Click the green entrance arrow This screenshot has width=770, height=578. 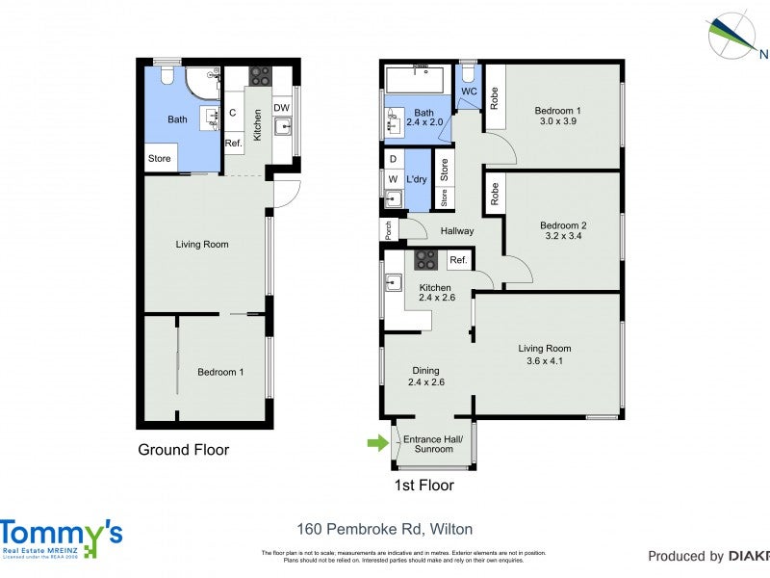point(375,443)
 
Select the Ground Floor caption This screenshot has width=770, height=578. point(183,450)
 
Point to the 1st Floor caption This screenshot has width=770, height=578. point(424,485)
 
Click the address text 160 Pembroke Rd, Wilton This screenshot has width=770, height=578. point(384,529)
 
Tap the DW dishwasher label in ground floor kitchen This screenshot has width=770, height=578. point(281,107)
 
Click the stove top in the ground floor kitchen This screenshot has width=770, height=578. point(260,75)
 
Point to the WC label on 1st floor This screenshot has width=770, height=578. point(469,92)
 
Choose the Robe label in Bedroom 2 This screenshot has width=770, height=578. point(494,194)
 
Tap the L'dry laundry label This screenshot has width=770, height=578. point(416,180)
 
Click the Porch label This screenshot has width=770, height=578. point(388,230)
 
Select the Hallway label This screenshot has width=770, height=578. point(457,231)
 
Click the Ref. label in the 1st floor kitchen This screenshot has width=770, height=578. point(458,260)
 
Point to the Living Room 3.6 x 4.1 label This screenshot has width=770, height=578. point(545,355)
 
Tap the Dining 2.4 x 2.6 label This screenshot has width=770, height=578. point(424,376)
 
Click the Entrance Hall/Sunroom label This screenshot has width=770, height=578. point(433,444)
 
